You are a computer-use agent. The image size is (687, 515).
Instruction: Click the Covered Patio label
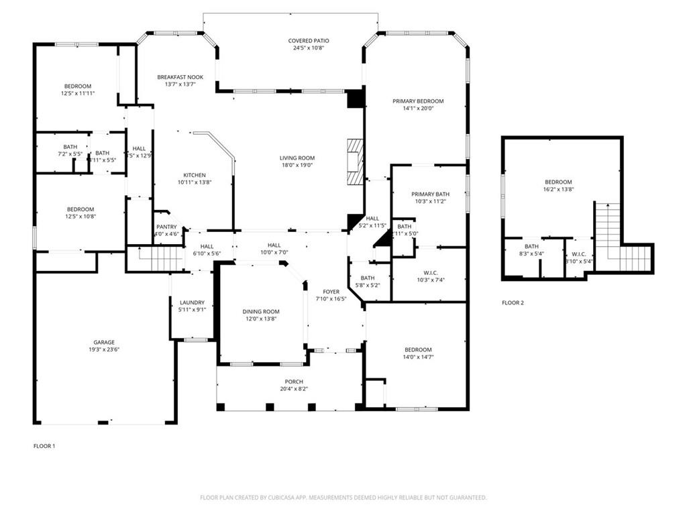coord(309,41)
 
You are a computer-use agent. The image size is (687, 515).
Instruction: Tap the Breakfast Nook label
coord(176,76)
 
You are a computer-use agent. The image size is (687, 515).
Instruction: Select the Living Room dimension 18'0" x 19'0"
coord(297,165)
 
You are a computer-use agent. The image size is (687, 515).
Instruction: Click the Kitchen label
coord(195,175)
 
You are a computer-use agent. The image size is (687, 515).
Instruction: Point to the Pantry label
coord(166,227)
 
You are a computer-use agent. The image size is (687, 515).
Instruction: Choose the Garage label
coord(104,342)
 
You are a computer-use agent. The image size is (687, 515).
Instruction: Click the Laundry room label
coord(192,302)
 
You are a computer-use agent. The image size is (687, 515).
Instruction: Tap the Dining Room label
coord(261,312)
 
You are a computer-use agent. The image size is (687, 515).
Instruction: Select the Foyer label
coord(331,292)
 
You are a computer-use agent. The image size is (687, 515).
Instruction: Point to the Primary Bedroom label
coord(418,101)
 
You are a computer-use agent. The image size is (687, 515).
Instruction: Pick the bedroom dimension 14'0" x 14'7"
coord(418,357)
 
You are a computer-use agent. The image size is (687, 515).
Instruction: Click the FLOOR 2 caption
coord(513,303)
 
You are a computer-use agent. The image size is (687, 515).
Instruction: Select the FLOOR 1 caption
coord(44,445)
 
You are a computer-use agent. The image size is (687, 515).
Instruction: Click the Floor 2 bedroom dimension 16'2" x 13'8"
coord(558,190)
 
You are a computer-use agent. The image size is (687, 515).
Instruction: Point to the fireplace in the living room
coord(355,161)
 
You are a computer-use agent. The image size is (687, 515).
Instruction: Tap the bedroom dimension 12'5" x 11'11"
coord(78,93)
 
